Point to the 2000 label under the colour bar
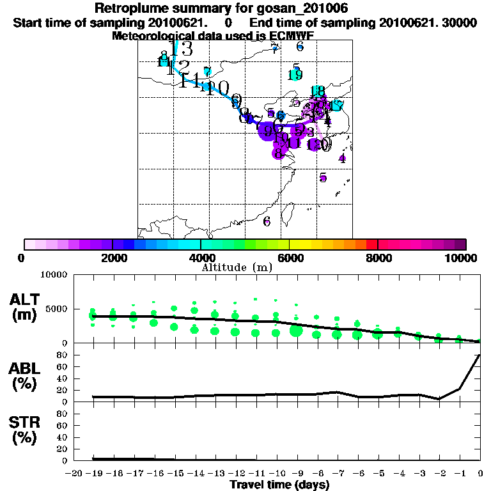pos(112,258)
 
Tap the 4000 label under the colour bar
pos(201,258)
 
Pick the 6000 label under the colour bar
pos(290,258)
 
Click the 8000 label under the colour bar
pos(378,258)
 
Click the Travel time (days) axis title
pos(279,485)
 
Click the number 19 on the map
pos(295,75)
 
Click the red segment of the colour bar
pos(371,244)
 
